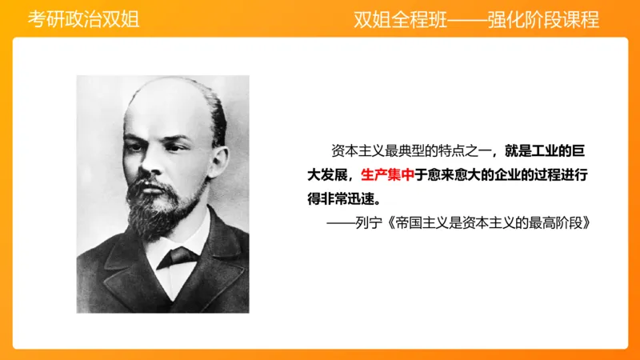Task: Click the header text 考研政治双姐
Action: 83,20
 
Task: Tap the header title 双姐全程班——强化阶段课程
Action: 476,20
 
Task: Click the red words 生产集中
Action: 387,174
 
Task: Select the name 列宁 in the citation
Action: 374,222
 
